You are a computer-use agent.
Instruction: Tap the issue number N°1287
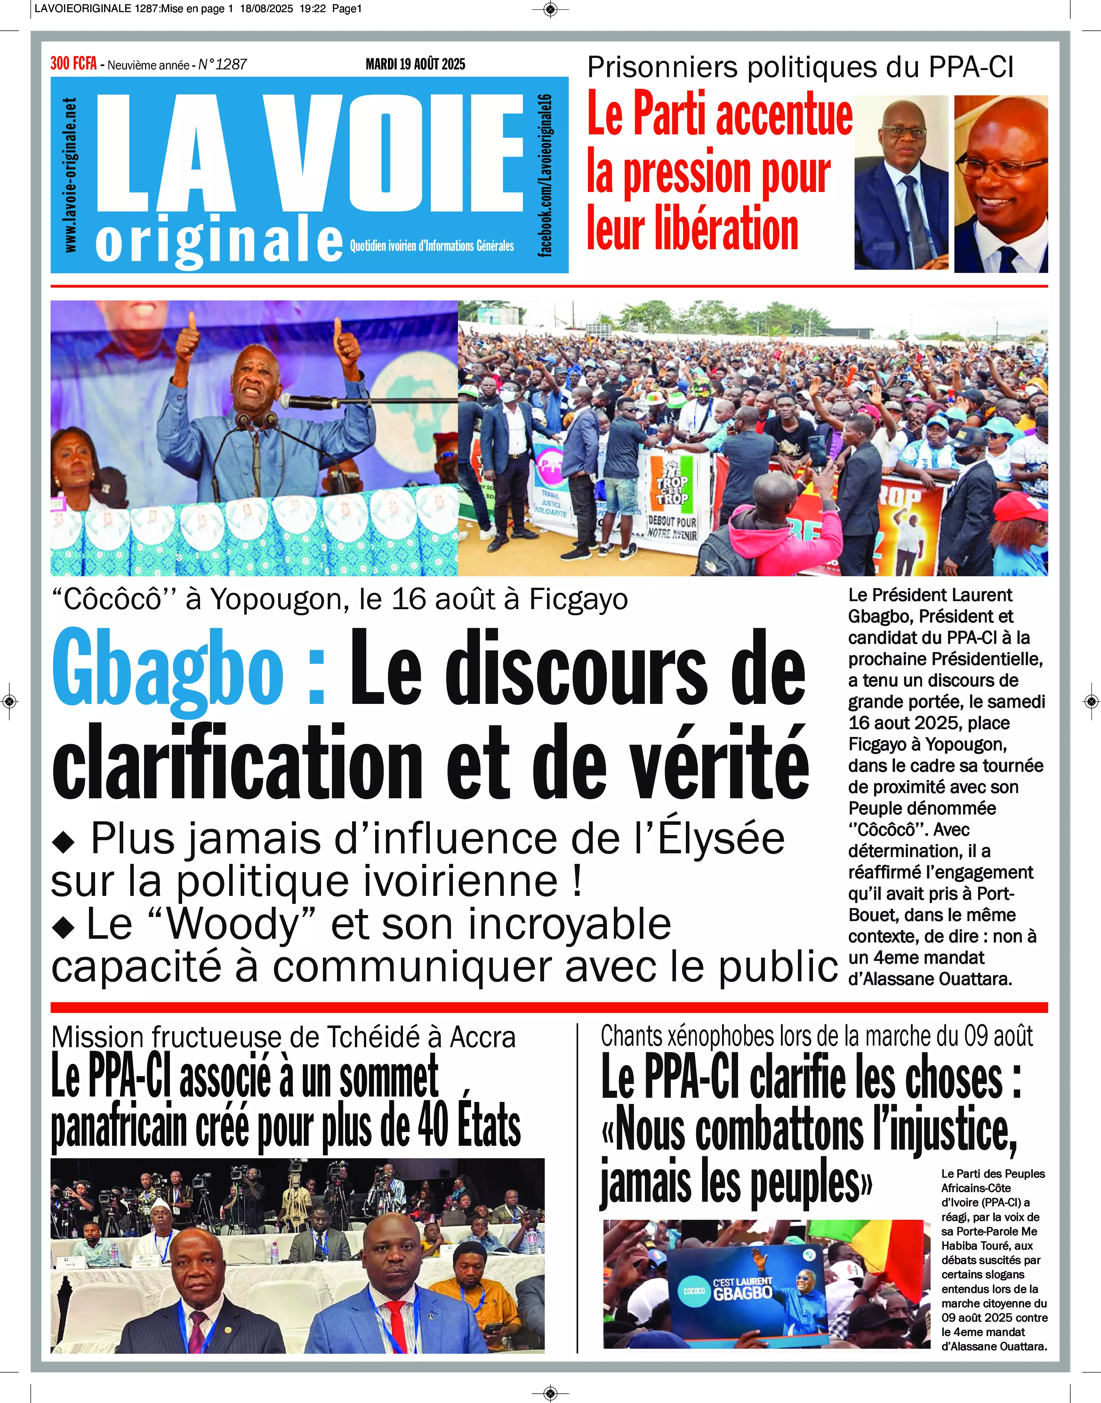point(222,64)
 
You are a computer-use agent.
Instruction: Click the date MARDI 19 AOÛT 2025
point(415,64)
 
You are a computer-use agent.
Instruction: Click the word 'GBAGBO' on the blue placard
point(743,1293)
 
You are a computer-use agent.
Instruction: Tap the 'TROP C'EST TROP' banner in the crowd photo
point(672,490)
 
